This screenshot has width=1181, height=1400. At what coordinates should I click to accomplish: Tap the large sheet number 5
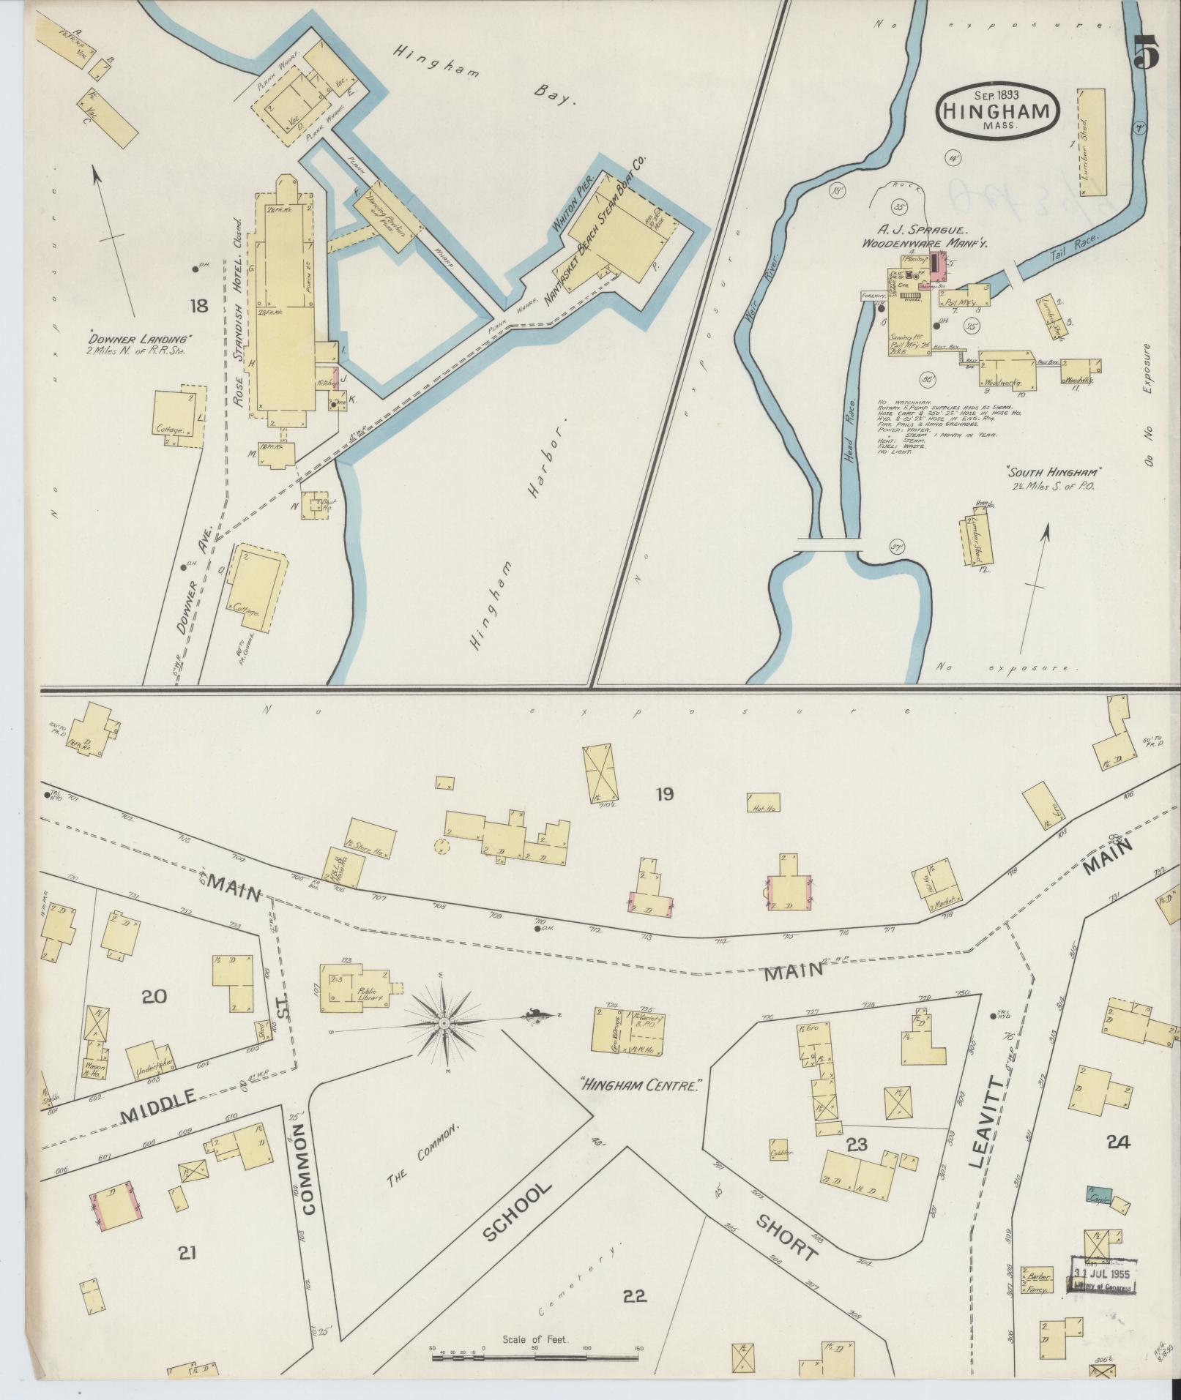pos(1146,53)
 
